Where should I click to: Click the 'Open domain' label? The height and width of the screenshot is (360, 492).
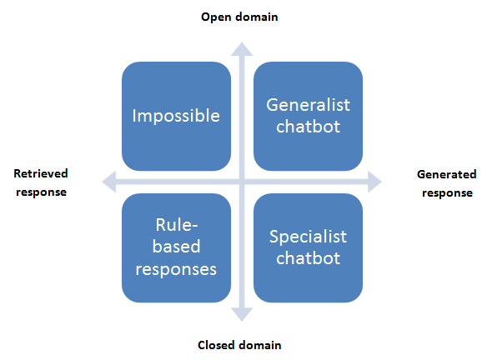click(239, 17)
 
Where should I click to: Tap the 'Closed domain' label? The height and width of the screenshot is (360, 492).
click(239, 345)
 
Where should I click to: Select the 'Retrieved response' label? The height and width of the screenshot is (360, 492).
click(41, 182)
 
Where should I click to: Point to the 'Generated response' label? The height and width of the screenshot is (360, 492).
click(447, 183)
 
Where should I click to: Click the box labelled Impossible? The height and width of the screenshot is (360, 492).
click(176, 117)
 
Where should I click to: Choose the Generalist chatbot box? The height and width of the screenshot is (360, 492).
click(309, 117)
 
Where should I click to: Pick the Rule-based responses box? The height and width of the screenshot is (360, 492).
click(176, 248)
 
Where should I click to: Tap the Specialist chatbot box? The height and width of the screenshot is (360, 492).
click(309, 248)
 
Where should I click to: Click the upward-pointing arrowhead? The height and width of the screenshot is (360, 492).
click(242, 49)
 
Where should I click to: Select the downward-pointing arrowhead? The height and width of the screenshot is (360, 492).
click(242, 314)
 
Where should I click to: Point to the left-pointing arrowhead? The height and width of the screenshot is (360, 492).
click(109, 182)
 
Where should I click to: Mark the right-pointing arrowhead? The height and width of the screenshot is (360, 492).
click(374, 182)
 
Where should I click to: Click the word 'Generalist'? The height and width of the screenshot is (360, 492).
click(309, 105)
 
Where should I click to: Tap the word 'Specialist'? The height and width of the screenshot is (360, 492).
click(309, 237)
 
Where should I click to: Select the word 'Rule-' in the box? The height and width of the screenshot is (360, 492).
click(177, 225)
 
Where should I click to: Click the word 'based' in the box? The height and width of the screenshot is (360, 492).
click(176, 247)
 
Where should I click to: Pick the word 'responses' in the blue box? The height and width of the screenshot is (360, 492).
click(176, 270)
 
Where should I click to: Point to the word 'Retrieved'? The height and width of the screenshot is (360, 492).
click(41, 173)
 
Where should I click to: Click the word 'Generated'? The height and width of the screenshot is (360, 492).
click(447, 174)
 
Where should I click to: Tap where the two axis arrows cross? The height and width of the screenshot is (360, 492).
click(242, 182)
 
